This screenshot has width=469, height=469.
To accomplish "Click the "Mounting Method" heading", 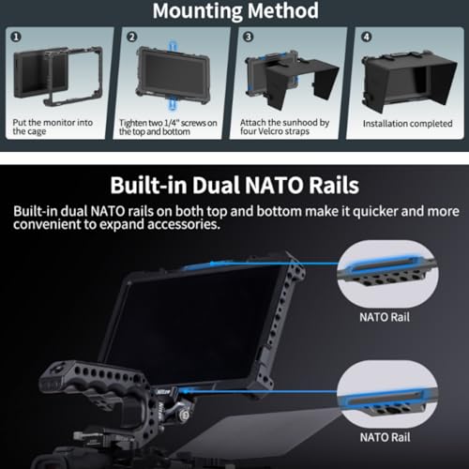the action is [235, 10].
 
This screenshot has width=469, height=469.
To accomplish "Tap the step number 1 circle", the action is [16, 37].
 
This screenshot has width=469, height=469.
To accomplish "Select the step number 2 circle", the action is [131, 37].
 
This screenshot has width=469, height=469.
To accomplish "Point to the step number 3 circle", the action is [249, 37].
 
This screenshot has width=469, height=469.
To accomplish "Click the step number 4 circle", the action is [367, 37].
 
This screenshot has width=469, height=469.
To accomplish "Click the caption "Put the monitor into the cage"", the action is [53, 127].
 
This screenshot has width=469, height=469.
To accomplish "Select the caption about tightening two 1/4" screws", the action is [168, 127].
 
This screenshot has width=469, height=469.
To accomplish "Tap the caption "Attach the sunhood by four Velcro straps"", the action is [284, 127].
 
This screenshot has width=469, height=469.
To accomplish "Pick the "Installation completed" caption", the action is [407, 124].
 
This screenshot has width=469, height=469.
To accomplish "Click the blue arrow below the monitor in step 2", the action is [173, 104].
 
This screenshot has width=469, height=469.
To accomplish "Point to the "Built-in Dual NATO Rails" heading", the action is [234, 185].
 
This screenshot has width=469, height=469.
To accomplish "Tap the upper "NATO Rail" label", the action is [385, 317].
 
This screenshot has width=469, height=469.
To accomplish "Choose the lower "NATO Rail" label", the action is [386, 437].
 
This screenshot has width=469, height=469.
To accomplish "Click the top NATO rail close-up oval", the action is [387, 274].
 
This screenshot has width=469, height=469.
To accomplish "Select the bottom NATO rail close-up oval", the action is [387, 394].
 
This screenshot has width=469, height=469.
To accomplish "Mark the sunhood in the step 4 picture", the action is [410, 82].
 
